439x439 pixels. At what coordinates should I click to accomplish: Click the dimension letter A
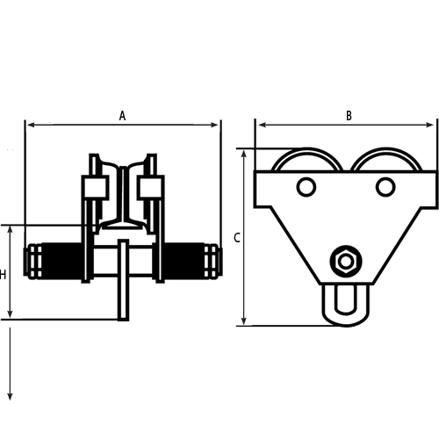point(123,115)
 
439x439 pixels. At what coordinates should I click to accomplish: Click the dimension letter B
point(349,115)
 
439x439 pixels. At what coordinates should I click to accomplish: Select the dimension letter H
point(4,275)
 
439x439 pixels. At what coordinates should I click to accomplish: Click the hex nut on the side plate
point(344,262)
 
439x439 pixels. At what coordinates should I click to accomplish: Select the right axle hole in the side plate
point(385,187)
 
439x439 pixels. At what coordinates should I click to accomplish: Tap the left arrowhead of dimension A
point(30,126)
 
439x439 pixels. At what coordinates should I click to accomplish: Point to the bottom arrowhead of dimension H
point(11,315)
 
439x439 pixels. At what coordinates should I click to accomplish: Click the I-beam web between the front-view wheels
point(123,193)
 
